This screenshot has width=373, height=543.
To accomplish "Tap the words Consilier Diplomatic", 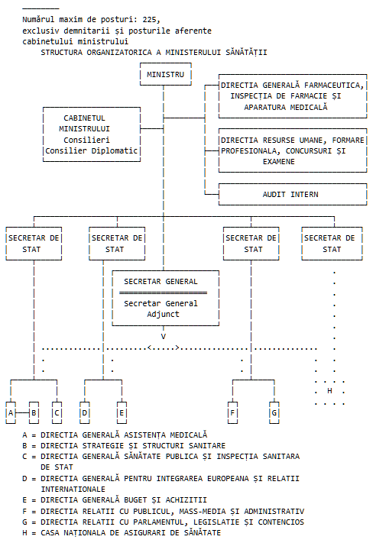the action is point(92,151).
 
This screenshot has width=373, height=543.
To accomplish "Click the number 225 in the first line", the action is point(149,19).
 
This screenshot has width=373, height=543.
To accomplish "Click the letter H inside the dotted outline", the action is point(329,391).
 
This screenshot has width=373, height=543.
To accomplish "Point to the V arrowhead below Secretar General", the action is point(164,337).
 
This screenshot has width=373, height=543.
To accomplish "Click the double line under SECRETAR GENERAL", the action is point(163,293).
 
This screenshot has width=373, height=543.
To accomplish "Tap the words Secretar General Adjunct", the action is point(161,309).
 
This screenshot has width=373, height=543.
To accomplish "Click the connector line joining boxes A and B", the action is point(22,413).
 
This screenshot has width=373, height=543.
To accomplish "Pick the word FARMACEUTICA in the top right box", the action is point(334,86).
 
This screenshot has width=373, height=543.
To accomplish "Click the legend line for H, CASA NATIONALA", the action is point(122,532).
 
